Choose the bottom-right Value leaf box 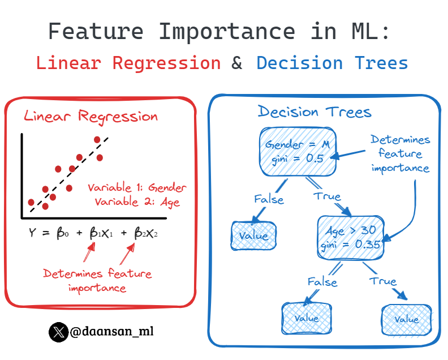click(x=406, y=319)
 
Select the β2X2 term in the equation click(x=145, y=233)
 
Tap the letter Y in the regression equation click(x=32, y=232)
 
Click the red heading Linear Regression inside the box click(x=91, y=117)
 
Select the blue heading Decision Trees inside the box click(x=315, y=112)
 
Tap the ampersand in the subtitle click(x=237, y=62)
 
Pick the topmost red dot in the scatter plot click(x=97, y=139)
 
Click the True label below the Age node click(x=383, y=281)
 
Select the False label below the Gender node click(x=269, y=199)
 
